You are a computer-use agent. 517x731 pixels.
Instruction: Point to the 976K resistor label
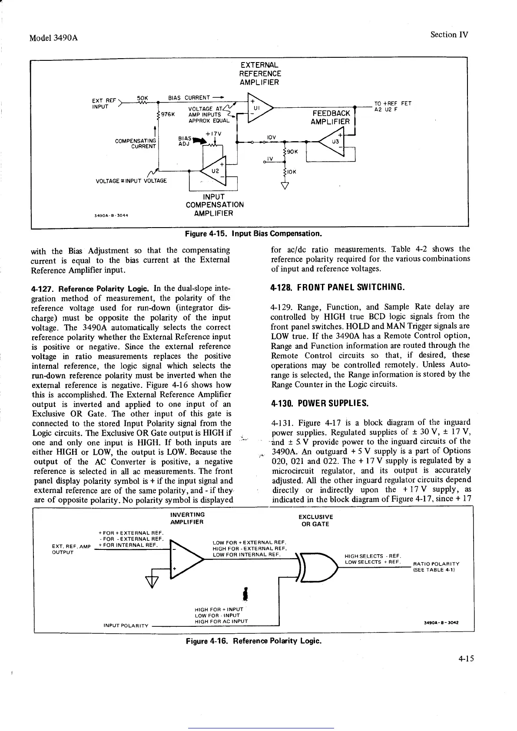(x=168, y=115)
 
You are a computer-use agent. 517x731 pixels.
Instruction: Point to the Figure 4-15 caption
(x=253, y=234)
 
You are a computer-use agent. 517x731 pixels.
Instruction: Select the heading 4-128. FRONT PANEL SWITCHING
(x=338, y=287)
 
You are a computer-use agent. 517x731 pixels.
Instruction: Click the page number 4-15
(x=465, y=658)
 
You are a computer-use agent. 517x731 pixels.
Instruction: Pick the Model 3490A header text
(x=53, y=37)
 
